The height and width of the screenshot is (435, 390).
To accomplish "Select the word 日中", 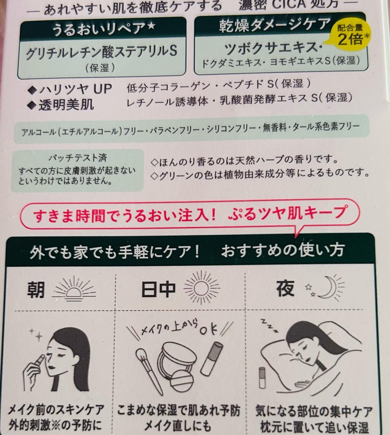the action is (x=158, y=289).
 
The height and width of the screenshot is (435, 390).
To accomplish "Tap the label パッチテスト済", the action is (x=77, y=158).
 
